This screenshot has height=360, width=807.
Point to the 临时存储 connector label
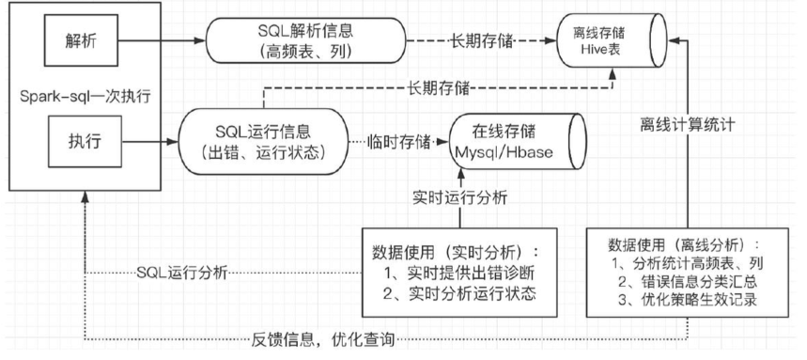coord(398,143)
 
